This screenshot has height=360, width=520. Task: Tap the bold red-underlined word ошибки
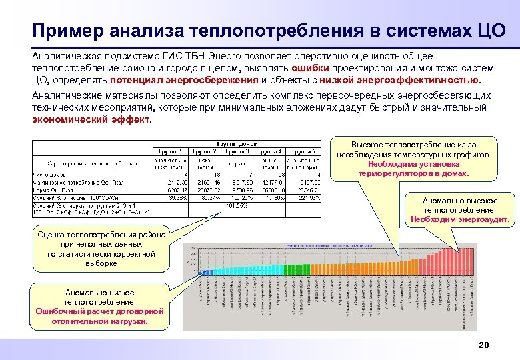tap(309, 68)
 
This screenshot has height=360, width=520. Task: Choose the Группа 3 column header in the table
tap(238, 151)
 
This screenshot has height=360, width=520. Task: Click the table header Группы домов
tap(237, 143)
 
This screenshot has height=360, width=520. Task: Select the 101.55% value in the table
tap(239, 205)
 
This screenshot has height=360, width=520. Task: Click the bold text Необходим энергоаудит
tap(460, 219)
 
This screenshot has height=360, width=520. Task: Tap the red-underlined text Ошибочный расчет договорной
tap(99, 311)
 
